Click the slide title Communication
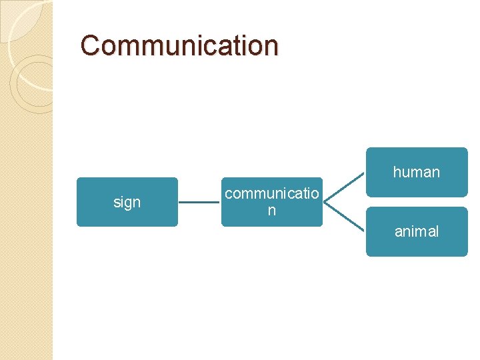coord(179,45)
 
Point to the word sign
coord(127,202)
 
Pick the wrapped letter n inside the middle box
coord(271,211)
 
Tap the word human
coord(417,172)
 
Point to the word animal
coord(417,231)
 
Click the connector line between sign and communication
coord(199,202)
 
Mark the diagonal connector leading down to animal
coord(345,217)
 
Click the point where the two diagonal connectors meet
coord(325,201)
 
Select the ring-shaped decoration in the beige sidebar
coord(33,83)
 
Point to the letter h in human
coord(397,172)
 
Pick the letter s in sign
coord(117,202)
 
